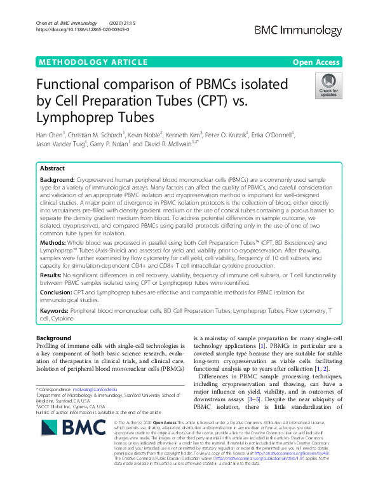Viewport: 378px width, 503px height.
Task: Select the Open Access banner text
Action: (316, 62)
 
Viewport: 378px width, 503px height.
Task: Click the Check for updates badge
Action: (328, 86)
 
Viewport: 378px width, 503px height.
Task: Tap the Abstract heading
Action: (52, 169)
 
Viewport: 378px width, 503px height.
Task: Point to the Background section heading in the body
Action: (54, 338)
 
